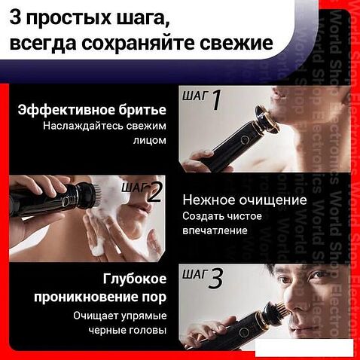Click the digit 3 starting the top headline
[15, 17]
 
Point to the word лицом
[150, 140]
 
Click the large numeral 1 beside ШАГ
[215, 100]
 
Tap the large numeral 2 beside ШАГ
[155, 193]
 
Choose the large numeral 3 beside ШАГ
[215, 278]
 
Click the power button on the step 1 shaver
[243, 139]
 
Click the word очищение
[273, 201]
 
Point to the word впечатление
[215, 231]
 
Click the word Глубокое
[135, 279]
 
